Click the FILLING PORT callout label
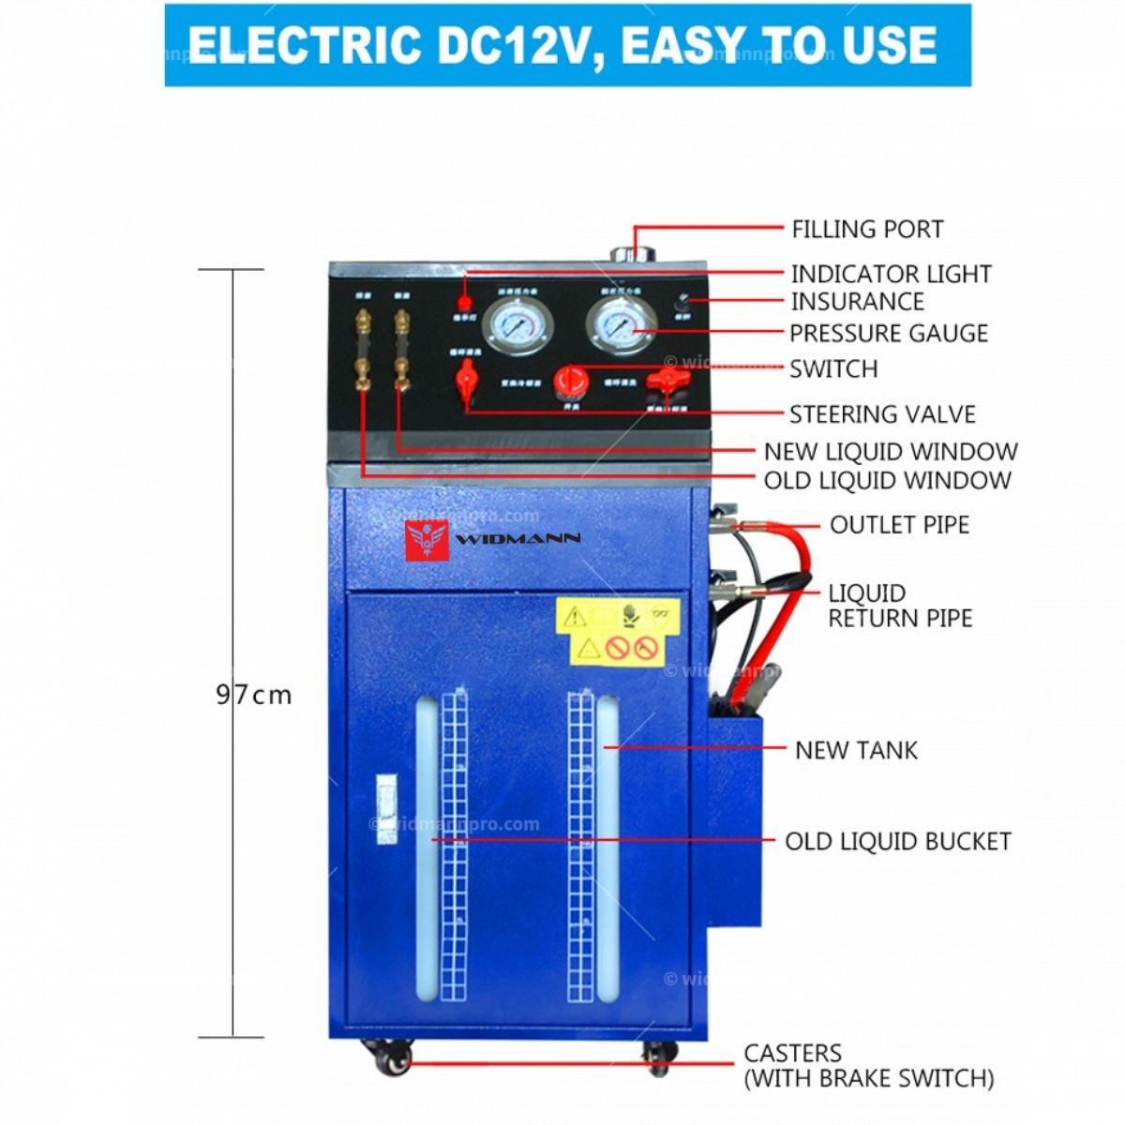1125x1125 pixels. pyautogui.click(x=866, y=229)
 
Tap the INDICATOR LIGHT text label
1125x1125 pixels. pyautogui.click(x=891, y=274)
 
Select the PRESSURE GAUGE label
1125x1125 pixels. pyautogui.click(x=888, y=333)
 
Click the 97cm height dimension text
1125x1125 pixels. pyautogui.click(x=253, y=695)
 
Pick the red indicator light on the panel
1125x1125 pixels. pyautogui.click(x=463, y=303)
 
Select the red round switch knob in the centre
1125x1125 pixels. pyautogui.click(x=569, y=380)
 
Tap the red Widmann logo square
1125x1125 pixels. pyautogui.click(x=427, y=541)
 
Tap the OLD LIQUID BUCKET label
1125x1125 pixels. pyautogui.click(x=897, y=841)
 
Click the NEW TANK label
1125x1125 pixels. pyautogui.click(x=856, y=750)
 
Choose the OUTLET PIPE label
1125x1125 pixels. pyautogui.click(x=898, y=524)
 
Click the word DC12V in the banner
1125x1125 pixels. pyautogui.click(x=506, y=44)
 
